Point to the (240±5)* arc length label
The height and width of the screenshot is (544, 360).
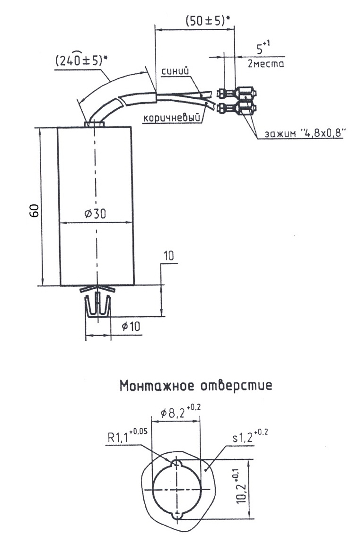pyautogui.click(x=80, y=60)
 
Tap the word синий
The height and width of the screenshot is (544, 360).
pyautogui.click(x=176, y=71)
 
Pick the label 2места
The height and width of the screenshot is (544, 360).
pyautogui.click(x=266, y=64)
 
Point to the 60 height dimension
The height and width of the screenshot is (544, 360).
pyautogui.click(x=34, y=211)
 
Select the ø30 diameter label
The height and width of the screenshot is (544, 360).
pyautogui.click(x=95, y=214)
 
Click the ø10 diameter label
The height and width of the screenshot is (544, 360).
pyautogui.click(x=131, y=327)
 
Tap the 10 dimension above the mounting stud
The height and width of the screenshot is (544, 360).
pyautogui.click(x=169, y=257)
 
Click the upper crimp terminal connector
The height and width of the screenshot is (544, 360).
pyautogui.click(x=237, y=93)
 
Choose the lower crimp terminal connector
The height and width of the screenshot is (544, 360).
pyautogui.click(x=237, y=109)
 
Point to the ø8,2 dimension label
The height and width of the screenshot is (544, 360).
pyautogui.click(x=181, y=413)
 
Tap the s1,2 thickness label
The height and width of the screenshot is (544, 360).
pyautogui.click(x=250, y=436)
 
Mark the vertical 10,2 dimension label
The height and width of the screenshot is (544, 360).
pyautogui.click(x=243, y=486)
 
